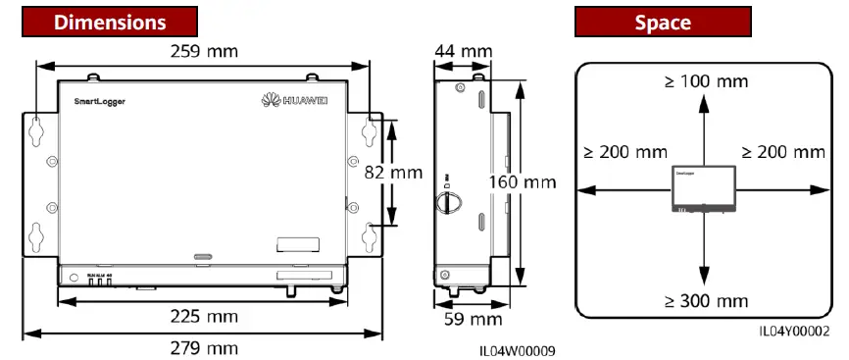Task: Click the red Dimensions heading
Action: [109, 20]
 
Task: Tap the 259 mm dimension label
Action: [203, 50]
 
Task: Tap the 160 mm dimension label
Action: [522, 181]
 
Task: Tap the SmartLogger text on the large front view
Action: [99, 101]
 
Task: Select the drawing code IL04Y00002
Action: [793, 332]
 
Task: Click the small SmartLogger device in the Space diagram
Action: [702, 187]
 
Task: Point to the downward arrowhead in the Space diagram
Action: [702, 279]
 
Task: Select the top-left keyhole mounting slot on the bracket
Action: [36, 129]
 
